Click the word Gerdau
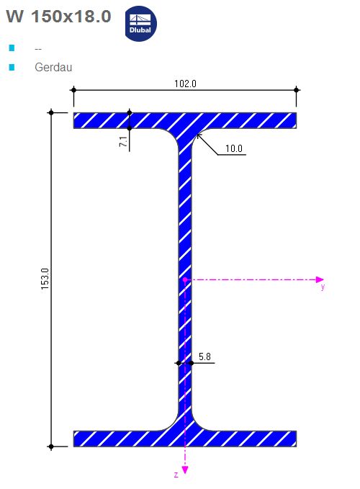(x=53, y=68)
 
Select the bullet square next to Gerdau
(x=12, y=68)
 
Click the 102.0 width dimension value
(x=185, y=84)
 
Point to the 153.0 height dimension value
(x=44, y=279)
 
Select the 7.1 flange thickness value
(x=123, y=142)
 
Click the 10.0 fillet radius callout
(x=234, y=149)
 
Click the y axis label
(x=323, y=287)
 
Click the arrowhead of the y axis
(x=321, y=279)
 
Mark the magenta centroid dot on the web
(x=185, y=279)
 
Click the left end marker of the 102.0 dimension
(x=73, y=90)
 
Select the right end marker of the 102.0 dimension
(x=297, y=90)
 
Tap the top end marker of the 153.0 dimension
(x=51, y=112)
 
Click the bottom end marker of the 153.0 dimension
(x=51, y=447)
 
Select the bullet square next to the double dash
(x=12, y=48)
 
